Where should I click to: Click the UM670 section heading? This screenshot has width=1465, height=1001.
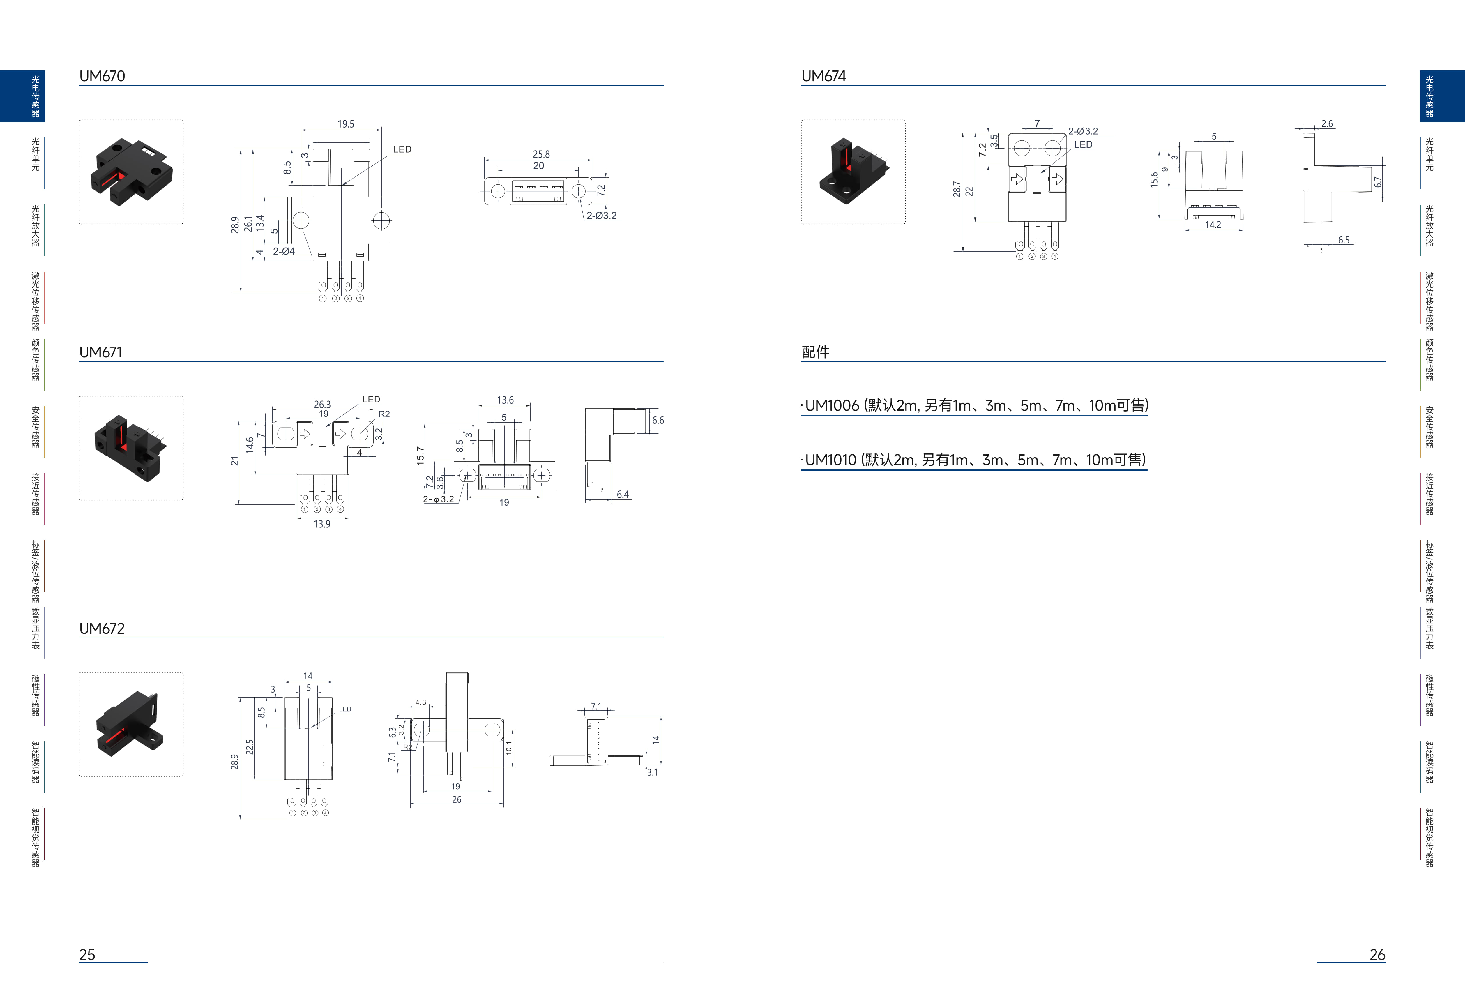click(x=102, y=76)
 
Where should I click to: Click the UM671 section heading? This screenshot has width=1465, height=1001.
click(x=101, y=352)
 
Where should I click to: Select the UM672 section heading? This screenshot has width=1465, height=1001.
click(x=102, y=629)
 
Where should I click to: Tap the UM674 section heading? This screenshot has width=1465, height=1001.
click(x=824, y=76)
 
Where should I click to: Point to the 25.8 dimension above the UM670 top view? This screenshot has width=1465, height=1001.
click(x=541, y=154)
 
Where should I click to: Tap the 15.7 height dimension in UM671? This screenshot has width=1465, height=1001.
click(x=420, y=456)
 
